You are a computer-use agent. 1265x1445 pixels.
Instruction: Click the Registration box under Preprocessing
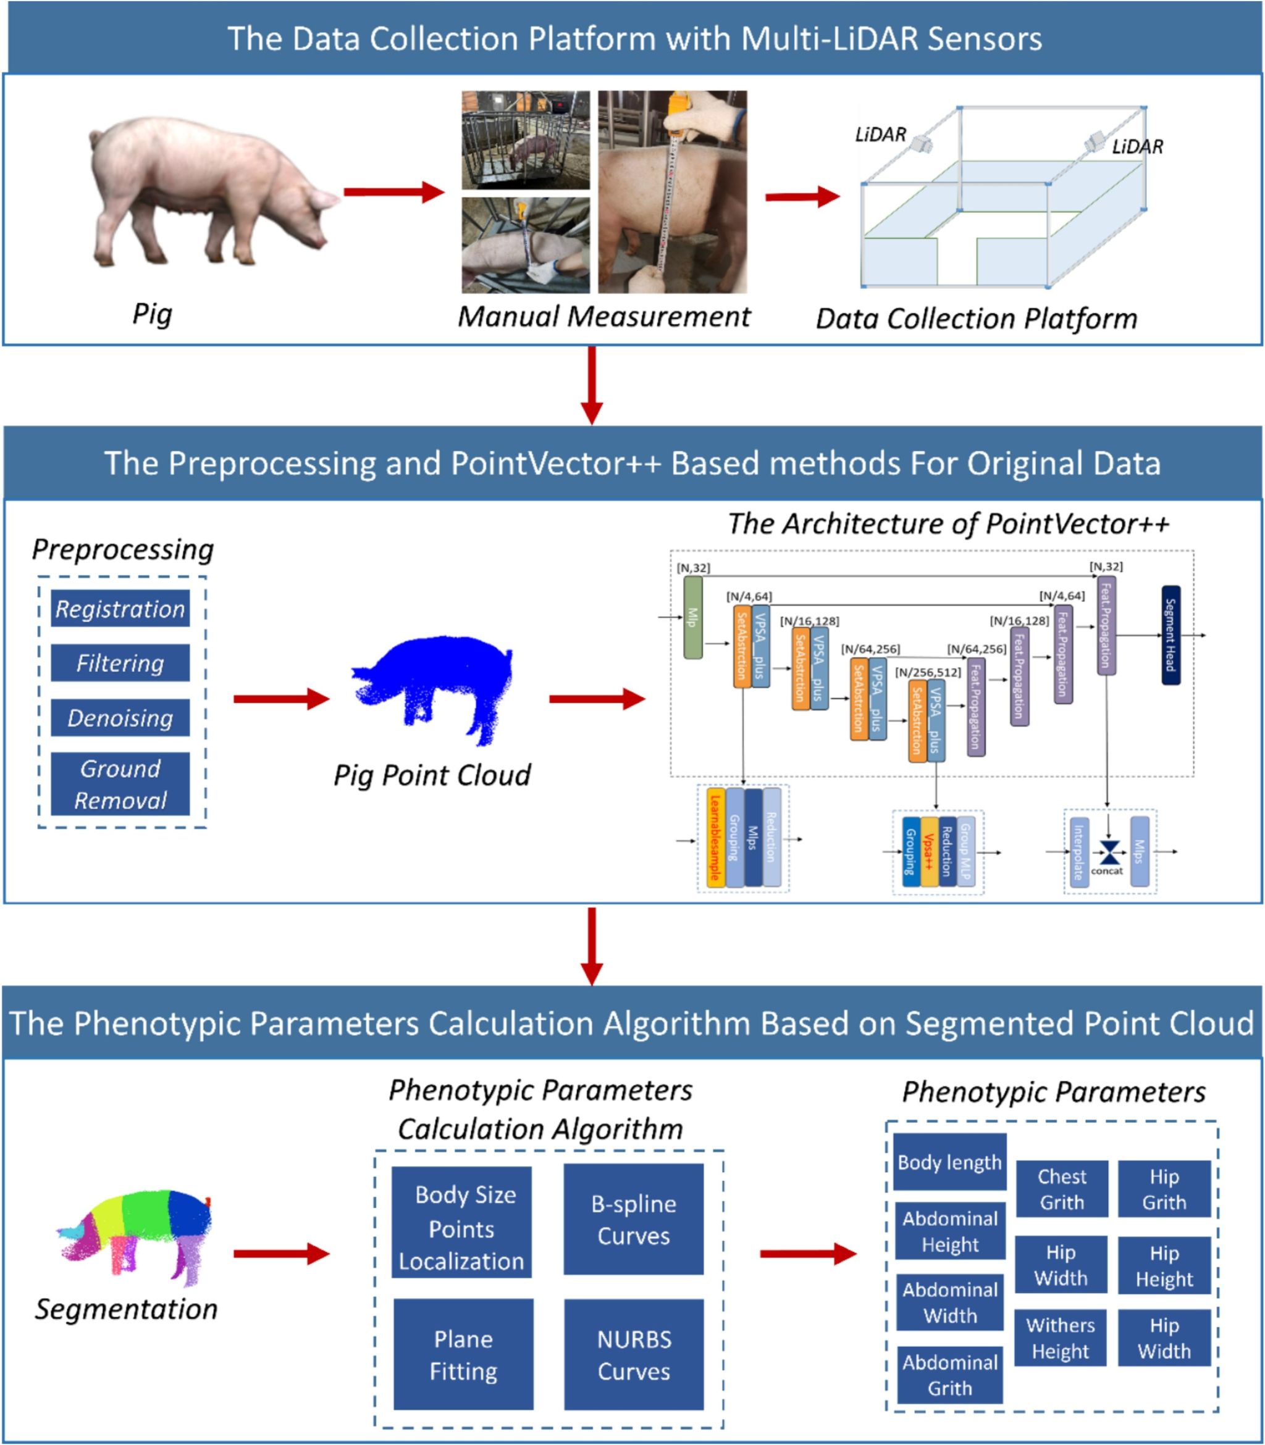pyautogui.click(x=120, y=608)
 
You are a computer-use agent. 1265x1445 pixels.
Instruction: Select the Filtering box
pyautogui.click(x=120, y=662)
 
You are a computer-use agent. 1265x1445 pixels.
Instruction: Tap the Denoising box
pyautogui.click(x=120, y=717)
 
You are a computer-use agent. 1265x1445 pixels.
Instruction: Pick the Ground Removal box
pyautogui.click(x=120, y=784)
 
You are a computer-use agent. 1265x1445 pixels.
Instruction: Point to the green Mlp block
pyautogui.click(x=692, y=617)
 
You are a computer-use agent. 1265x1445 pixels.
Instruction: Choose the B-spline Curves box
pyautogui.click(x=633, y=1219)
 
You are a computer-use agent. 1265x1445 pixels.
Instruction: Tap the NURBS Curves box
pyautogui.click(x=633, y=1355)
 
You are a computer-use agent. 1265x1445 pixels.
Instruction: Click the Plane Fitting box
pyautogui.click(x=463, y=1355)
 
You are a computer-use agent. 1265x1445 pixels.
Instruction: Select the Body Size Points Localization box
pyautogui.click(x=461, y=1228)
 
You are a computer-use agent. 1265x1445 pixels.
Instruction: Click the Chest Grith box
pyautogui.click(x=1062, y=1189)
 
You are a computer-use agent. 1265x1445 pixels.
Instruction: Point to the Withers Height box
pyautogui.click(x=1061, y=1338)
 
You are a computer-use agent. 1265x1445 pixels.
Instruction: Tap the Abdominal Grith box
pyautogui.click(x=949, y=1375)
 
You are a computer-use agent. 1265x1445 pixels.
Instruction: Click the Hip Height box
pyautogui.click(x=1164, y=1266)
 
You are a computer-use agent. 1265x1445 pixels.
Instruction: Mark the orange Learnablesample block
pyautogui.click(x=715, y=838)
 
